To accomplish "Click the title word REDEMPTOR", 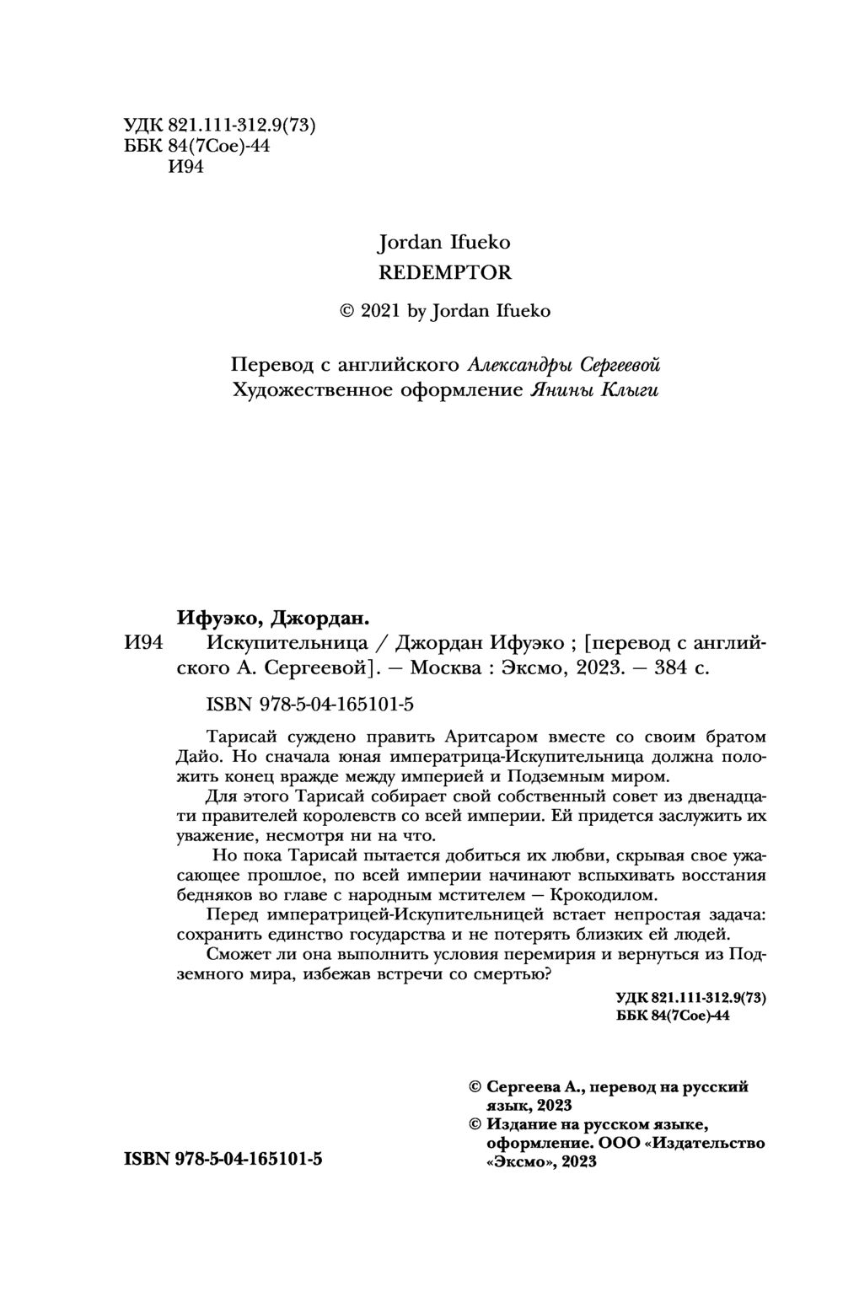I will pyautogui.click(x=444, y=272).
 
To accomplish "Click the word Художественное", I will pyautogui.click(x=305, y=390).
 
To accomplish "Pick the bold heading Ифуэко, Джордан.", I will pyautogui.click(x=272, y=618).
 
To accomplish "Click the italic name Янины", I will pyautogui.click(x=562, y=390).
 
